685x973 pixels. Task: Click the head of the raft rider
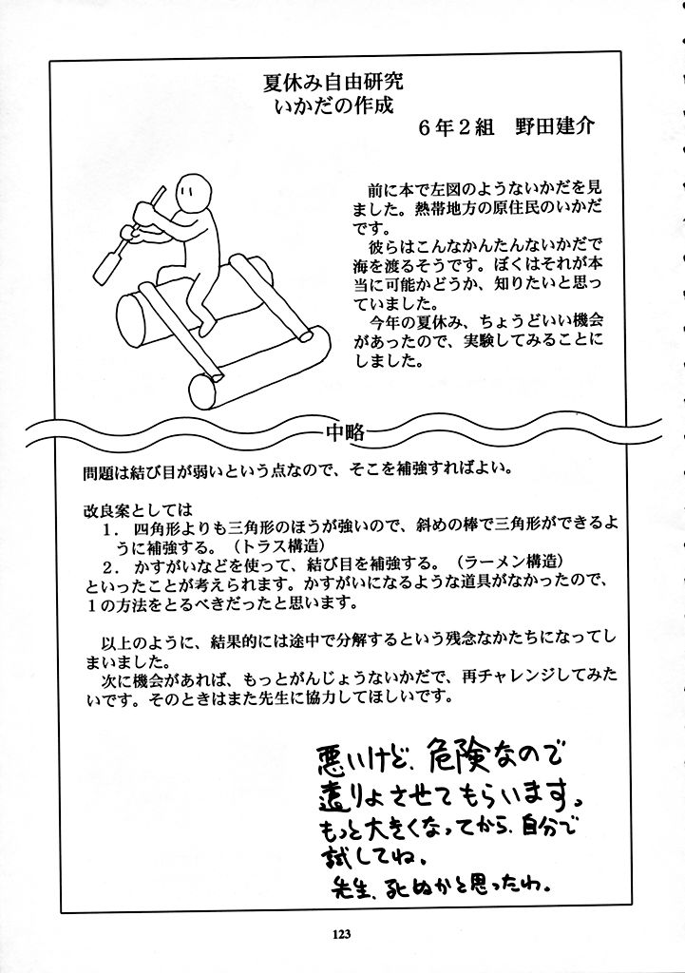(194, 197)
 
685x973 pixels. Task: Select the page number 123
(343, 933)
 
